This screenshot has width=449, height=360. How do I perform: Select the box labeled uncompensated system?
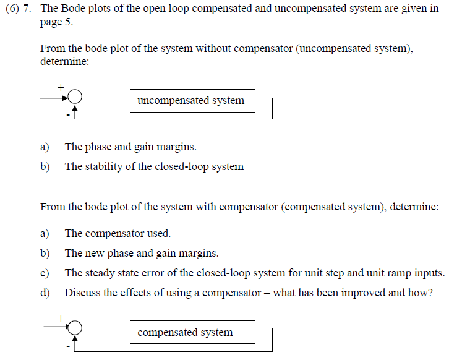[192, 100]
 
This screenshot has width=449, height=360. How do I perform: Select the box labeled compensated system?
[192, 332]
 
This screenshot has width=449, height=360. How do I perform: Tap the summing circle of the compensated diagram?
[75, 328]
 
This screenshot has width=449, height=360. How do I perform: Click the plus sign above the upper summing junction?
[61, 86]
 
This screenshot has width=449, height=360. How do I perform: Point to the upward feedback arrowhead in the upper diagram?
[75, 110]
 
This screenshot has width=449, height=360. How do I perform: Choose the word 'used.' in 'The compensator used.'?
[158, 233]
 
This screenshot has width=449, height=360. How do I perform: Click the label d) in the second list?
[45, 293]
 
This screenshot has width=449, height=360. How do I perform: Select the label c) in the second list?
[45, 273]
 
